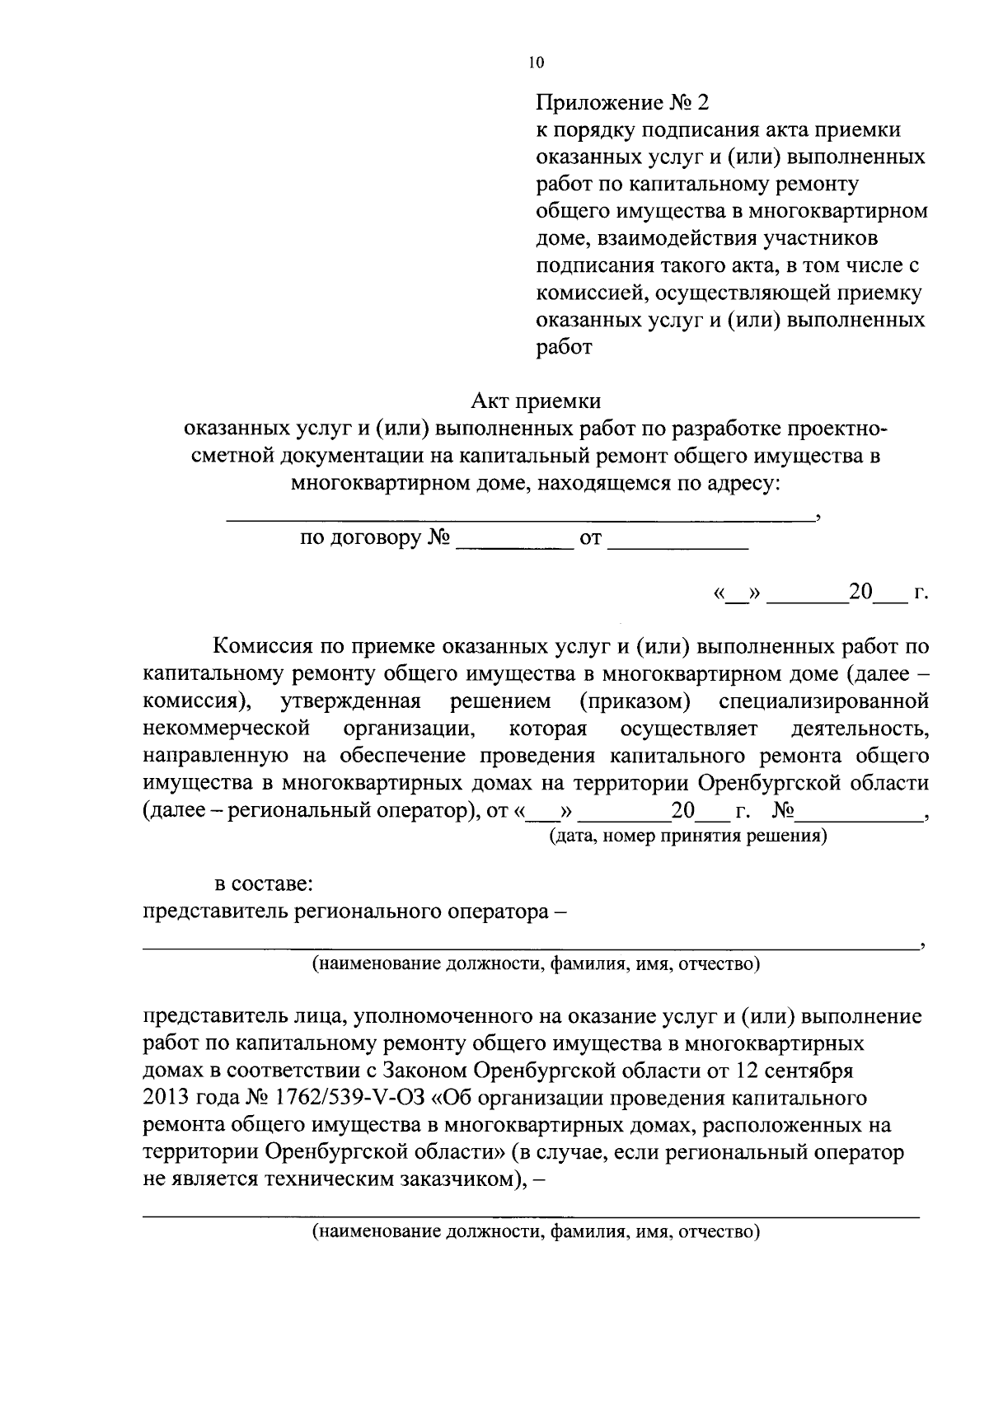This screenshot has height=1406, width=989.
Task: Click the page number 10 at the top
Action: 537,63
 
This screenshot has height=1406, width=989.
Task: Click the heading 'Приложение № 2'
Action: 622,103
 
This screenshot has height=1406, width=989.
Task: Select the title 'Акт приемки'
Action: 536,401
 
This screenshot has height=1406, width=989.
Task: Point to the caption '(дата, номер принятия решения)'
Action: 687,837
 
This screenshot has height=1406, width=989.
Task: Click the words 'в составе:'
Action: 263,885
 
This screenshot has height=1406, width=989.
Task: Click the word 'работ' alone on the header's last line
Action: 564,347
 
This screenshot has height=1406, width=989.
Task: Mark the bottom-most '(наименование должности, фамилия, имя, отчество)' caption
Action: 535,1233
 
